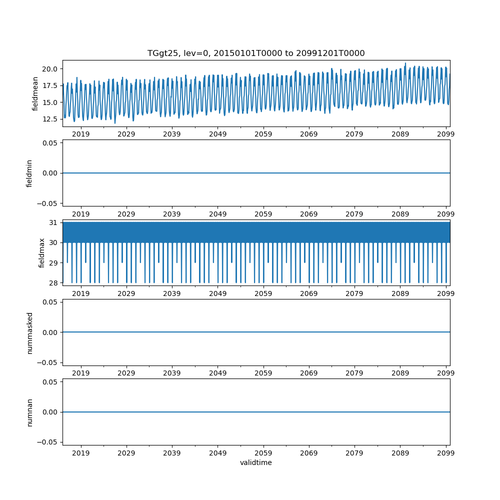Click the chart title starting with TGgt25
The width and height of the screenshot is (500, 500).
click(255, 53)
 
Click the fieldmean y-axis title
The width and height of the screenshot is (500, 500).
click(35, 93)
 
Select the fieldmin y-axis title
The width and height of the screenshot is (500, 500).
click(29, 173)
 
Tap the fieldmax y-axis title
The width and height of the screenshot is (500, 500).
click(42, 252)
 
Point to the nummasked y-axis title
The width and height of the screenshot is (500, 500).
click(29, 332)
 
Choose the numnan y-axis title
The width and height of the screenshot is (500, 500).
click(29, 412)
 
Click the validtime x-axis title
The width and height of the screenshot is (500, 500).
click(256, 462)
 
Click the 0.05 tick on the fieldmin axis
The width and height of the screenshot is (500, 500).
click(51, 143)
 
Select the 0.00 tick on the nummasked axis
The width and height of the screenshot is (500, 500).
click(51, 332)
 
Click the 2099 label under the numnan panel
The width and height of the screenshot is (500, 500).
click(445, 453)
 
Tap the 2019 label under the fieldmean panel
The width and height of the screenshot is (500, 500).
click(81, 134)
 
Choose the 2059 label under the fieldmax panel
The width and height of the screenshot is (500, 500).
click(263, 293)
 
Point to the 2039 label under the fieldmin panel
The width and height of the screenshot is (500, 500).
click(172, 214)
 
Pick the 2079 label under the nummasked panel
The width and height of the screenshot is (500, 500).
click(354, 373)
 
